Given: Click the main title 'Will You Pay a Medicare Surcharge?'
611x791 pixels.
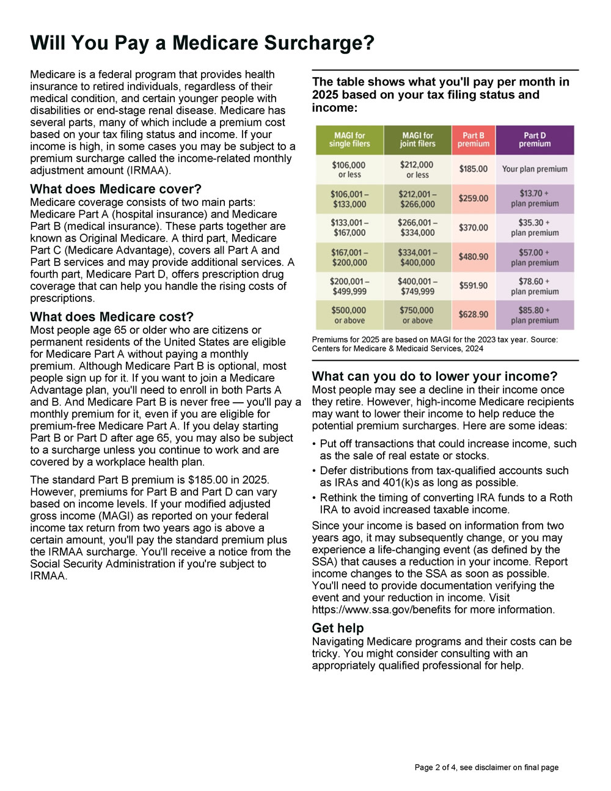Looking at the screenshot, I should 202,43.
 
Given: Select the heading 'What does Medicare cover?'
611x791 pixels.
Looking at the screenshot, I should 115,189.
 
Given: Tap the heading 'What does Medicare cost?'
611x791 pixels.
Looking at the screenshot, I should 112,317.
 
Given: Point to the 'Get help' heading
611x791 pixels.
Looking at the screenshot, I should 337,628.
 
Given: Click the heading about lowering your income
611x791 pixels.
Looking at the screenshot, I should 434,376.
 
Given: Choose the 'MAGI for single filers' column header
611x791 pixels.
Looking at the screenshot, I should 349,140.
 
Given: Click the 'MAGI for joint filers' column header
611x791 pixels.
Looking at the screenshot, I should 418,140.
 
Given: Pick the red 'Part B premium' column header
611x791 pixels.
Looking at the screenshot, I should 474,140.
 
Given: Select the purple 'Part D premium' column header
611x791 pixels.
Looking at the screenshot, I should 535,140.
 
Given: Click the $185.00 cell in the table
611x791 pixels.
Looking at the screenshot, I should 474,169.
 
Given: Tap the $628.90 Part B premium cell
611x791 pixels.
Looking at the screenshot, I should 474,315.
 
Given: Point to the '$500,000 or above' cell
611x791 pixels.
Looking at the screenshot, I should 349,315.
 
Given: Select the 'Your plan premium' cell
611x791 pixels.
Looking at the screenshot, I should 535,169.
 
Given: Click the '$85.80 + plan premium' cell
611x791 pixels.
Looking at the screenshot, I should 535,315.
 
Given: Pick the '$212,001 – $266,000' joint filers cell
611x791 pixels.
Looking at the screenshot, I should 418,199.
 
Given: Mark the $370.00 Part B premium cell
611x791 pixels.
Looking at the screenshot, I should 474,227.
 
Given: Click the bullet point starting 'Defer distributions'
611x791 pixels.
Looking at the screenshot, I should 444,476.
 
